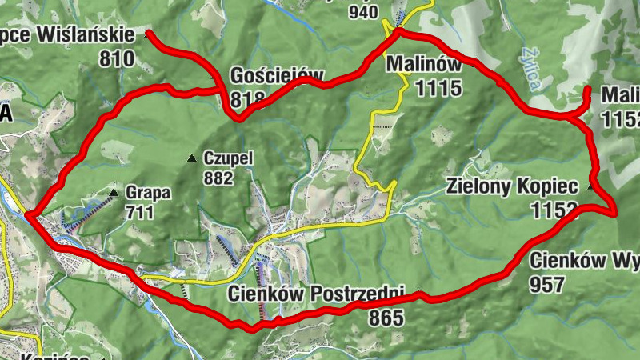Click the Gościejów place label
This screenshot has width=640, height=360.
[x=276, y=77]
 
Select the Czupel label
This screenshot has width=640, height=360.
[x=228, y=158]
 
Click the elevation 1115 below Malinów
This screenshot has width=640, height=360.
[x=439, y=86]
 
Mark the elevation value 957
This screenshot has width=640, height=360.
[x=547, y=284]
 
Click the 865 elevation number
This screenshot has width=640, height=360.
[x=386, y=318]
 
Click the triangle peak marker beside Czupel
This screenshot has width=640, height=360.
[x=191, y=158]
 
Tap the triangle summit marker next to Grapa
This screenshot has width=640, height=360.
[x=114, y=193]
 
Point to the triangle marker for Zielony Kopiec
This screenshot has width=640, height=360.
[x=591, y=187]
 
